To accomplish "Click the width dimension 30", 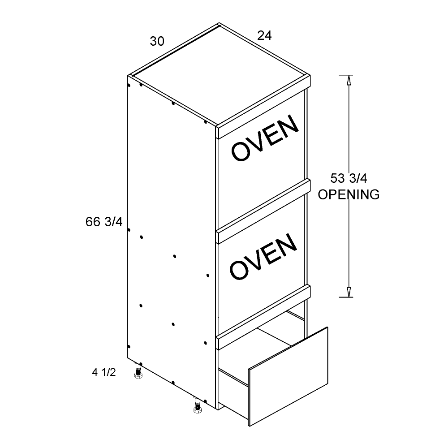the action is pyautogui.click(x=157, y=41).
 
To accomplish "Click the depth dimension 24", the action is pyautogui.click(x=264, y=35).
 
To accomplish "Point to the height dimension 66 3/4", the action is pyautogui.click(x=104, y=222).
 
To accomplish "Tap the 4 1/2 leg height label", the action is pyautogui.click(x=104, y=372).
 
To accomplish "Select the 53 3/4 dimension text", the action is pyautogui.click(x=349, y=178).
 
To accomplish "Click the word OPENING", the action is pyautogui.click(x=349, y=194).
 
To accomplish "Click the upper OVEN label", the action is pyautogui.click(x=265, y=138).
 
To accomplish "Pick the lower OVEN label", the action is pyautogui.click(x=263, y=257).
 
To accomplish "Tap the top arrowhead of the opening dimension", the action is pyautogui.click(x=348, y=80).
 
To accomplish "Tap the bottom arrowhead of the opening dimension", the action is pyautogui.click(x=348, y=292).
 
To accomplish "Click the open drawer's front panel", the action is pyautogui.click(x=289, y=377).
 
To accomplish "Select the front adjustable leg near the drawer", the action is pyautogui.click(x=198, y=406).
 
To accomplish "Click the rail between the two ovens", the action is pyautogui.click(x=263, y=211).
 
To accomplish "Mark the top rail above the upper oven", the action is pyautogui.click(x=263, y=107).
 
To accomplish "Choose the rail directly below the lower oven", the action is pyautogui.click(x=263, y=317).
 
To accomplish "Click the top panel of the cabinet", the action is pyautogui.click(x=219, y=74).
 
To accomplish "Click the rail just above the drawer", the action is pyautogui.click(x=263, y=317).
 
